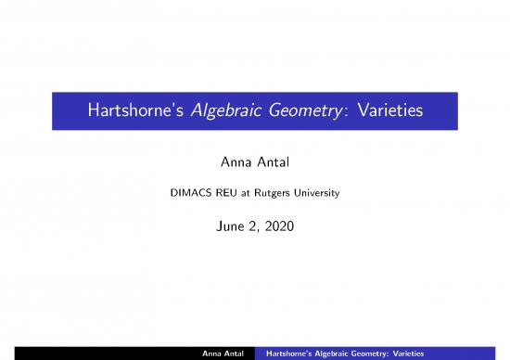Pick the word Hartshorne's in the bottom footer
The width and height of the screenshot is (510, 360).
pyautogui.click(x=290, y=353)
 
